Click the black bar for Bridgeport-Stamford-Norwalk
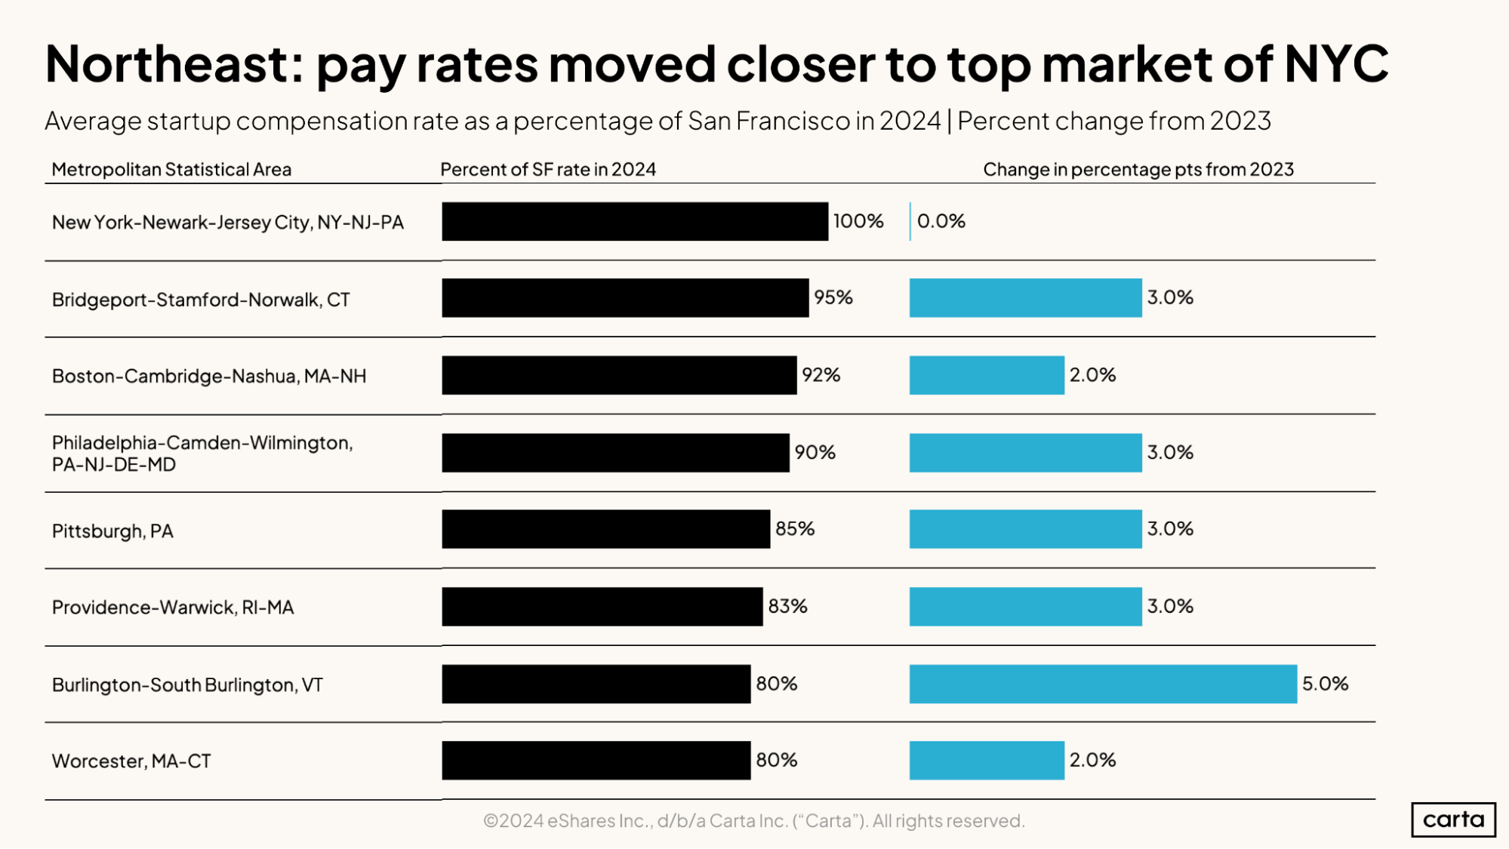click(x=625, y=297)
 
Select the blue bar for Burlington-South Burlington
click(x=1102, y=684)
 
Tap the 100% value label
click(x=858, y=221)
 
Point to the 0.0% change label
click(x=941, y=221)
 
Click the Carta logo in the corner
click(x=1452, y=820)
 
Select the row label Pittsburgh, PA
click(x=112, y=531)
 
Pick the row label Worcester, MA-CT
click(x=131, y=761)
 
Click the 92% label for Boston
click(x=821, y=375)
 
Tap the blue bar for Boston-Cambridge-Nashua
click(x=986, y=375)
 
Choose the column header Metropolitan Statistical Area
click(x=171, y=169)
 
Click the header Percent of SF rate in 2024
click(x=548, y=169)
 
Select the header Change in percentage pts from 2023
click(x=1138, y=169)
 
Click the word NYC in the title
click(x=1335, y=63)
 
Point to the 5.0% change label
click(x=1325, y=684)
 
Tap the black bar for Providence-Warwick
click(x=602, y=606)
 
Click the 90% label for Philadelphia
click(x=815, y=452)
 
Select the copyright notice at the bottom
click(x=753, y=820)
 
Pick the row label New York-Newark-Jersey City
click(x=227, y=222)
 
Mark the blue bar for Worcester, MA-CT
click(x=986, y=760)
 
